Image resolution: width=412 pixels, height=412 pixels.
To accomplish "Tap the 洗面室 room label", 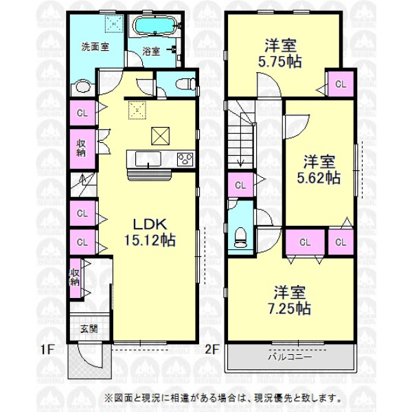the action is pos(95,47).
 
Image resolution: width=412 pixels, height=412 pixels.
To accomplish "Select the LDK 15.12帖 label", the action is pos(150,232).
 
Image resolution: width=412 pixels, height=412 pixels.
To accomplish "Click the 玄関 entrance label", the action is pos(89,329).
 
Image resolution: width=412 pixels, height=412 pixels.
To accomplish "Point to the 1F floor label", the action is pos(47,350).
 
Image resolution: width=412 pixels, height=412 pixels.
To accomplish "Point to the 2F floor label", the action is pos(211,350).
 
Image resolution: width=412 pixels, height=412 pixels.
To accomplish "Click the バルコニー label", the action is pos(290,357).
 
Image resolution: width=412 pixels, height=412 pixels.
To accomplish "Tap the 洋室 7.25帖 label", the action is pos(289,300).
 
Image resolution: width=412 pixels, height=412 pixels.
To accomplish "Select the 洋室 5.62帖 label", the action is pos(319,170).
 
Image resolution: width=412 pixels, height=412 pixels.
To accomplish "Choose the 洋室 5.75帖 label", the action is pos(280,54).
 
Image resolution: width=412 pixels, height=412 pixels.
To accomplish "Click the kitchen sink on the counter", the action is pos(148,159).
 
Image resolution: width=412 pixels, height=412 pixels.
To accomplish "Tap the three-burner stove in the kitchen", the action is pos(185,159).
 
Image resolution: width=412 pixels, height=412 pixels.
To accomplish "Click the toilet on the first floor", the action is pos(186,84).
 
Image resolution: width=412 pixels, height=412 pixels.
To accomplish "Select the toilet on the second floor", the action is pos(240,238).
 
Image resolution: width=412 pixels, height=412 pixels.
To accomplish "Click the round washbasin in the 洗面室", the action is pos(83,87).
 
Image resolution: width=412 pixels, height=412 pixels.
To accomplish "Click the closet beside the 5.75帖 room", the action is pos(341,84).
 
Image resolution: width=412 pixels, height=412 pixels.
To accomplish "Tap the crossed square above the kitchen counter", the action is pos(160,136).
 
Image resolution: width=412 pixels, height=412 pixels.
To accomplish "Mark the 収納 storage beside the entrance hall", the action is pos(75,278).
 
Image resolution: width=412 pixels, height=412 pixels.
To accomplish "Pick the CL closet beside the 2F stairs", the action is pos(240,185).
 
